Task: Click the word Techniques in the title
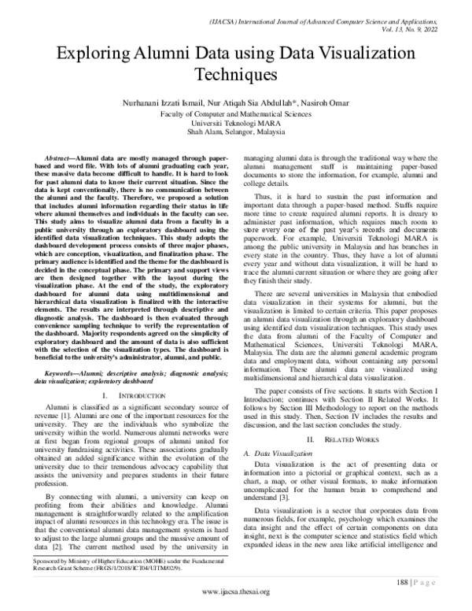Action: coord(236,76)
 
